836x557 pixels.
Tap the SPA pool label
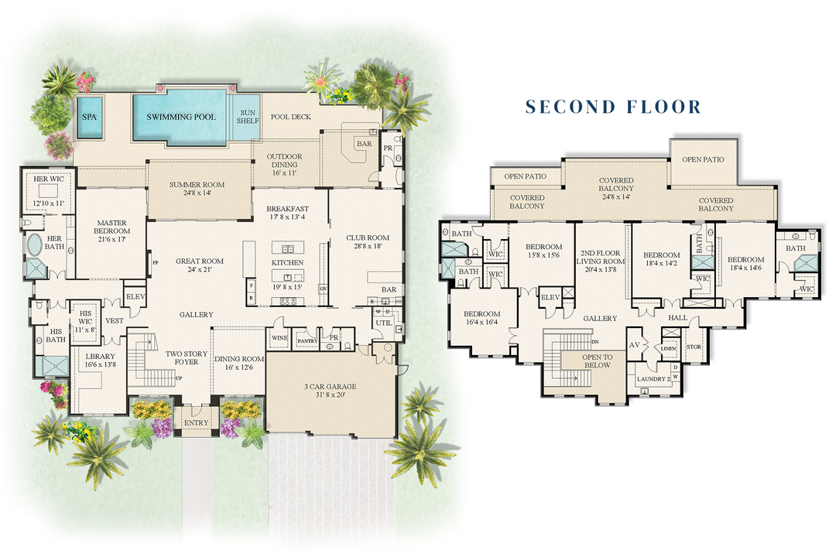[x=90, y=117]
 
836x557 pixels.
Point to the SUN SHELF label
[x=247, y=117]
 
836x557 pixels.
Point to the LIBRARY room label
[x=93, y=357]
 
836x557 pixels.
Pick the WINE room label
[x=279, y=338]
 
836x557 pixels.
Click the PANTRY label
[x=307, y=340]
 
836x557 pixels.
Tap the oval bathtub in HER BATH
[x=36, y=247]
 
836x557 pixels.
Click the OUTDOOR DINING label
[x=284, y=161]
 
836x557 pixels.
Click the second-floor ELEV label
[x=550, y=297]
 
